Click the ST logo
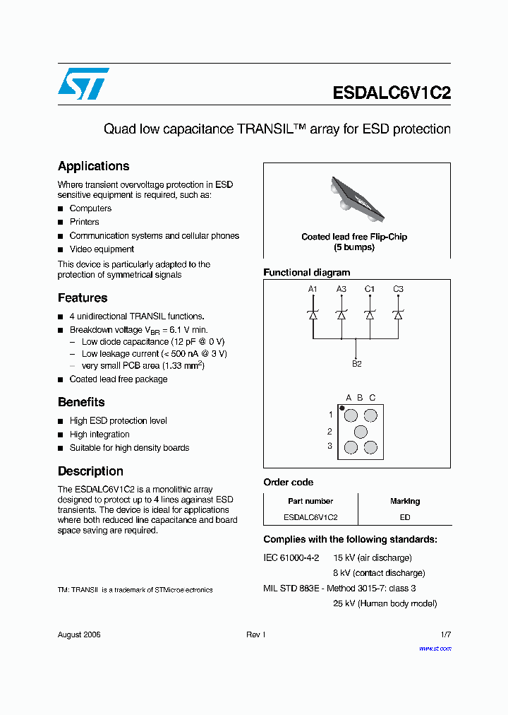pyautogui.click(x=83, y=83)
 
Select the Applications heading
pyautogui.click(x=93, y=166)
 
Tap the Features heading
pyautogui.click(x=83, y=297)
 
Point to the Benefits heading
pyautogui.click(x=81, y=402)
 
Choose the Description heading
pyautogui.click(x=90, y=471)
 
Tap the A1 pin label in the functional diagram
pyautogui.click(x=313, y=289)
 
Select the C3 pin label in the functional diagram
pyautogui.click(x=398, y=289)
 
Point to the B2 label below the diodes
pyautogui.click(x=356, y=364)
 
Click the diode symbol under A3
pyautogui.click(x=341, y=315)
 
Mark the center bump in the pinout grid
pyautogui.click(x=361, y=431)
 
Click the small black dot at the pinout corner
pyautogui.click(x=342, y=408)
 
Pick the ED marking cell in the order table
pyautogui.click(x=405, y=516)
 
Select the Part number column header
pyautogui.click(x=310, y=501)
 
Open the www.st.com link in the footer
pyautogui.click(x=435, y=648)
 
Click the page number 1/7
pyautogui.click(x=445, y=634)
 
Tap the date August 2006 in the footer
pyautogui.click(x=79, y=634)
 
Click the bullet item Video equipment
pyautogui.click(x=102, y=249)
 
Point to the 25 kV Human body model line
pyautogui.click(x=385, y=603)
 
